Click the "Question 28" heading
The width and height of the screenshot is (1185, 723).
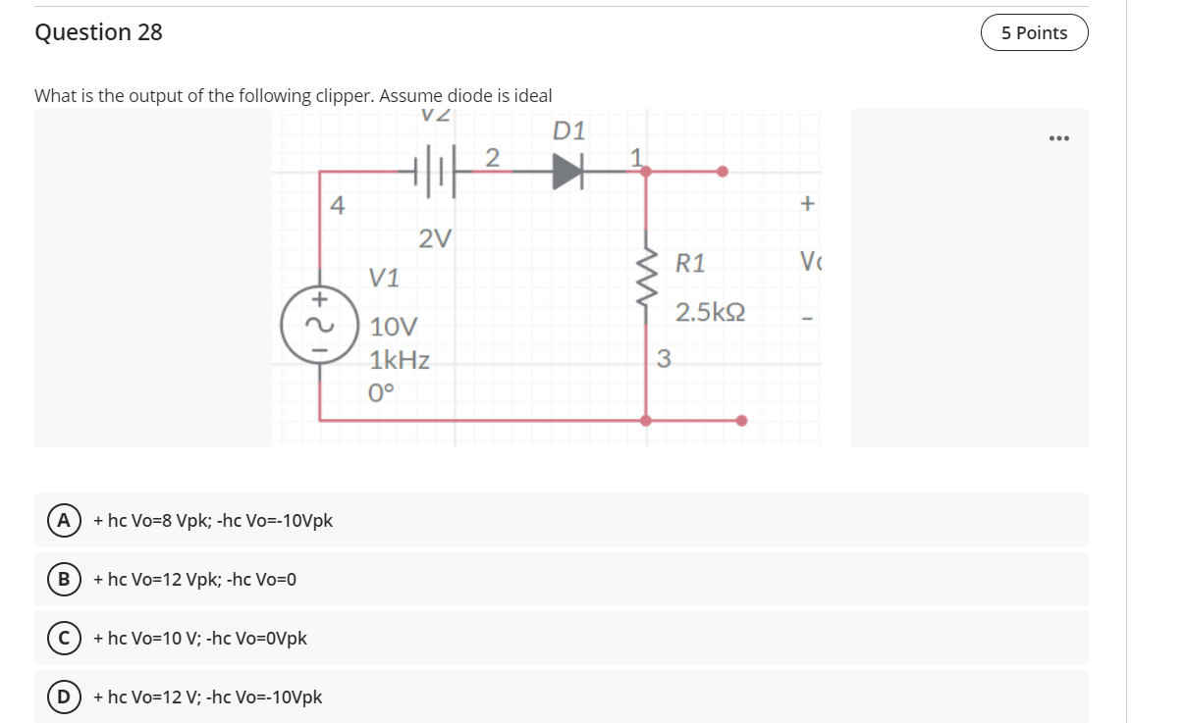(x=98, y=32)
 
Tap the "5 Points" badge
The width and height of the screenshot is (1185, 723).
(x=1034, y=32)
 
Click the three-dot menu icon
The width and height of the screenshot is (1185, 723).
(x=1057, y=138)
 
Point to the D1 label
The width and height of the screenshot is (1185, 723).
(x=569, y=130)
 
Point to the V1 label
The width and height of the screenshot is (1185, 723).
(x=385, y=278)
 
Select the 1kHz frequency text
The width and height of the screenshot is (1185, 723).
(x=400, y=360)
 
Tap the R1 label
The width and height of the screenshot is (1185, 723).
(x=690, y=263)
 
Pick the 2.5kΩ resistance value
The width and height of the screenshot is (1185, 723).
(x=711, y=314)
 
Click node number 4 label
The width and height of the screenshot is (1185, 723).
(x=337, y=206)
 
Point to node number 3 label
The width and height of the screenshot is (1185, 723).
(x=663, y=359)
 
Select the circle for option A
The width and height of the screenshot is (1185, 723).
(x=63, y=520)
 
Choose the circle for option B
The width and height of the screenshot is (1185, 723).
(x=63, y=579)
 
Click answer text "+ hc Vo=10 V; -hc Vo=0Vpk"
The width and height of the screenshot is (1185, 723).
(x=200, y=639)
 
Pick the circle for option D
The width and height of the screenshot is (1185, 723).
(x=63, y=697)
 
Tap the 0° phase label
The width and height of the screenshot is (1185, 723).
(x=382, y=393)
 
